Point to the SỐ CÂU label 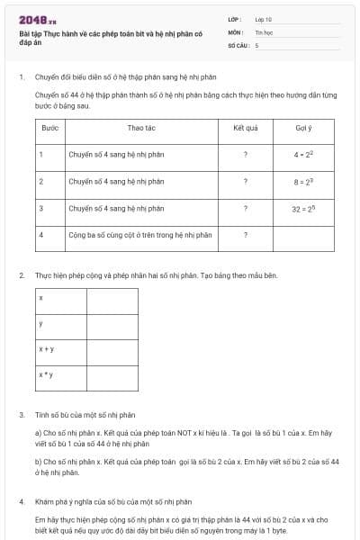coord(237,43)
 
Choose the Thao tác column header coord(141,128)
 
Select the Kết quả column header coord(245,128)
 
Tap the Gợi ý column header coord(302,128)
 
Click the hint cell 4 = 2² coord(302,155)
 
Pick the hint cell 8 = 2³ coord(302,181)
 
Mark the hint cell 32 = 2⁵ coord(302,208)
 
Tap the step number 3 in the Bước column coord(41,208)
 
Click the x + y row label coord(46,348)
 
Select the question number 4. coord(22,499)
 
